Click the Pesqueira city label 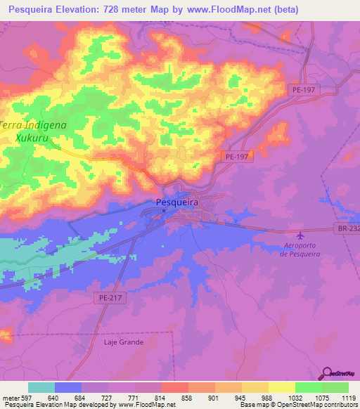point(176,202)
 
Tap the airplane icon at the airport point(302,235)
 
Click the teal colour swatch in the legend point(41,387)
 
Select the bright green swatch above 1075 point(308,387)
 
